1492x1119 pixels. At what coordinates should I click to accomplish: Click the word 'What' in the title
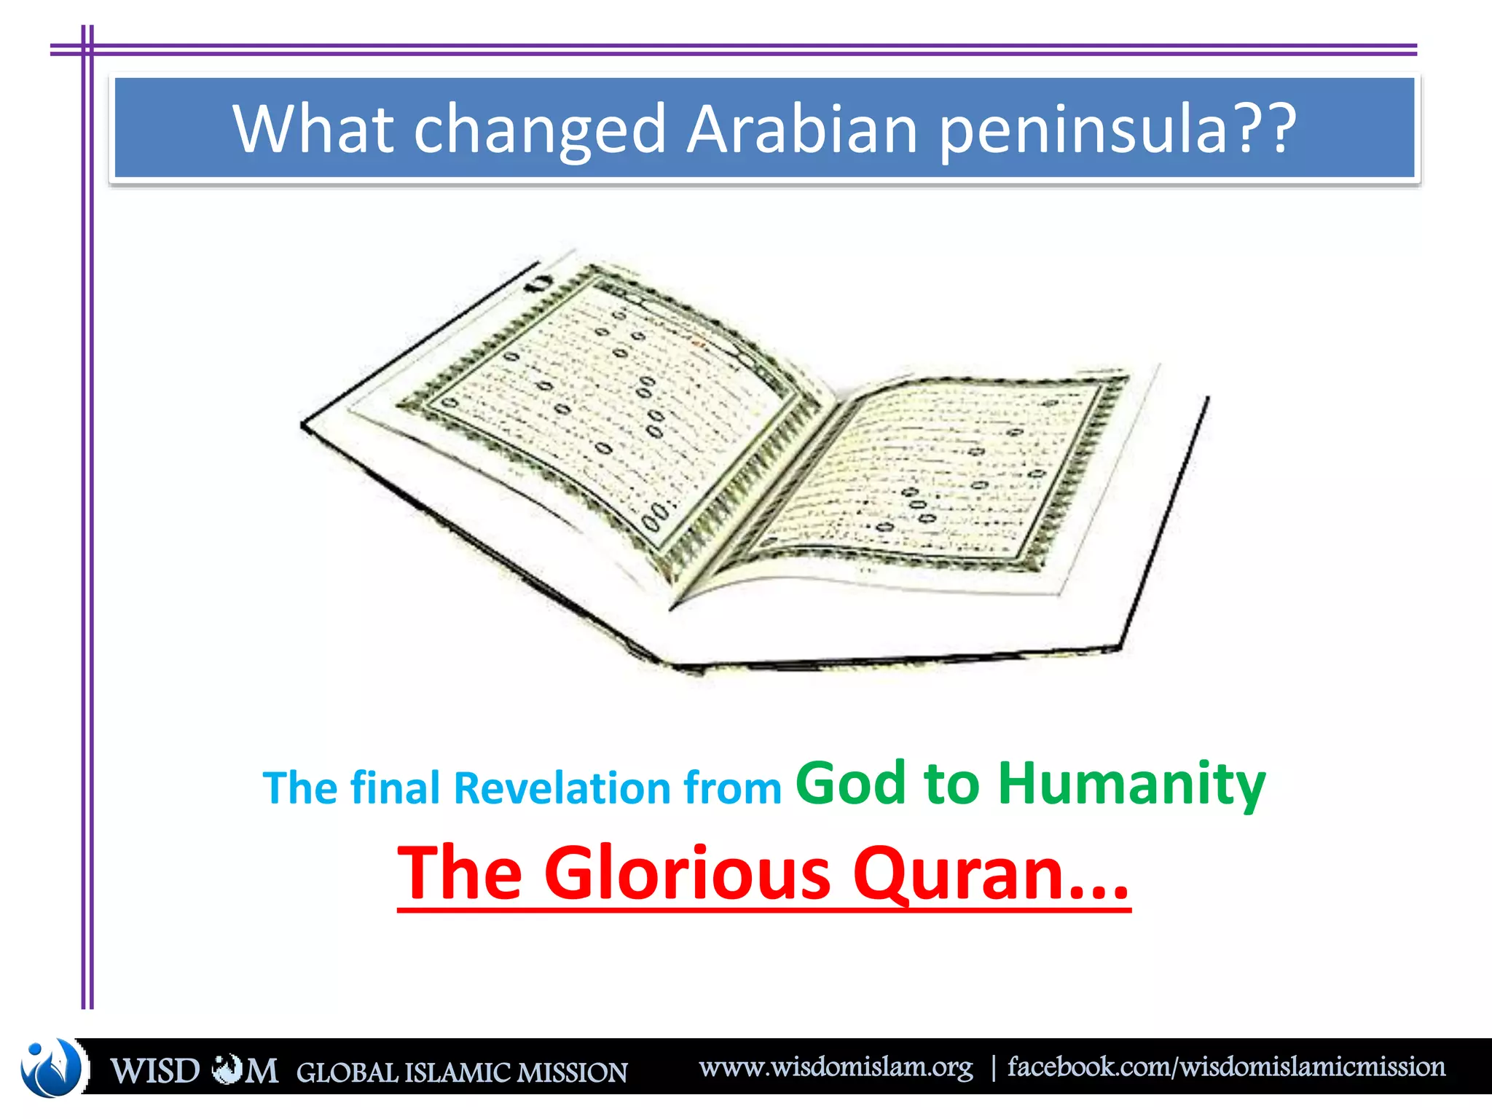pos(313,129)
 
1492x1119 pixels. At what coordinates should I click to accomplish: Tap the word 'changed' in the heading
pos(540,129)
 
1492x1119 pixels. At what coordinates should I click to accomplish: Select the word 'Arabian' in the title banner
pos(801,129)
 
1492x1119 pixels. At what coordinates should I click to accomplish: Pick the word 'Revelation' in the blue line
pos(562,788)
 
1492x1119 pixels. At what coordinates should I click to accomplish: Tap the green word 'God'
pos(850,783)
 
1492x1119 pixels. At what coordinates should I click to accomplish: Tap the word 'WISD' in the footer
pos(155,1072)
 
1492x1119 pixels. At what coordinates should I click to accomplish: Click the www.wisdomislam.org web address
pos(836,1067)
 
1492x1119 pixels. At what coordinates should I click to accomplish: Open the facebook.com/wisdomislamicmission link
pos(1226,1067)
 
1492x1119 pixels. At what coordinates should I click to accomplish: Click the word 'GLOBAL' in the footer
pos(347,1072)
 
